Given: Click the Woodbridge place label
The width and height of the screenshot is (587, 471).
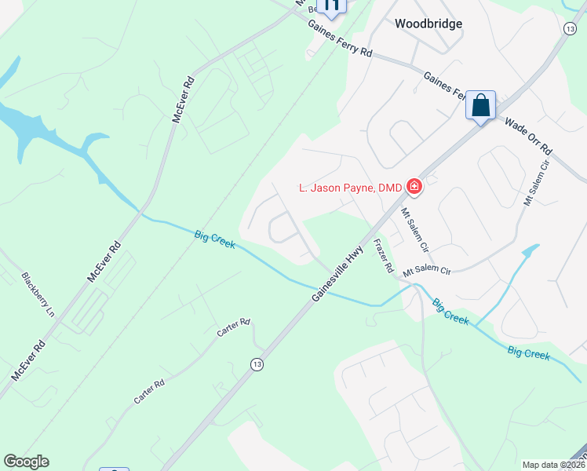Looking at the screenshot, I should point(428,24).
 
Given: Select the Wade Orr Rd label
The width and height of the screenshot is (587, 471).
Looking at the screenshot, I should point(528,136).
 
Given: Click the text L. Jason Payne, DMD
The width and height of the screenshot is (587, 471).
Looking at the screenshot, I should point(350,187).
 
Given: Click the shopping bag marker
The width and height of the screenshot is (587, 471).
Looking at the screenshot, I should point(480,105).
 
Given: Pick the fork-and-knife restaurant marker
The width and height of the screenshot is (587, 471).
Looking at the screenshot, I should point(332,6).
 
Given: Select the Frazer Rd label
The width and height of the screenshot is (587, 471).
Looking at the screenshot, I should point(385,256).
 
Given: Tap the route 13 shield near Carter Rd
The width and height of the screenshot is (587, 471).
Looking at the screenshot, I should point(256,364).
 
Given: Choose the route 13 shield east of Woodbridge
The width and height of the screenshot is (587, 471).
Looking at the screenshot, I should point(569,28).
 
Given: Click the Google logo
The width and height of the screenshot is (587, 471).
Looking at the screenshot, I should point(26,462).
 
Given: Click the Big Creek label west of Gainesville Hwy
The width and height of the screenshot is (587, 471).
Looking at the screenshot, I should point(215,239).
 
